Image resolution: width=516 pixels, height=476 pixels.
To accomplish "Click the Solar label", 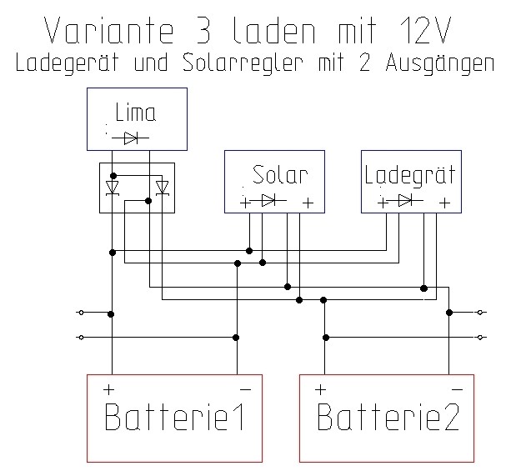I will (280, 175).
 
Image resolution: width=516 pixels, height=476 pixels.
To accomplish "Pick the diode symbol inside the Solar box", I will (268, 200).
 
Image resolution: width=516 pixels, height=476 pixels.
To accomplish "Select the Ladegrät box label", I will (409, 175).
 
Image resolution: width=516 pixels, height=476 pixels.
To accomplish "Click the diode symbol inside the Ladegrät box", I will (405, 200).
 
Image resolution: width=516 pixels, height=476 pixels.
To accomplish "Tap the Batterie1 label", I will (173, 417).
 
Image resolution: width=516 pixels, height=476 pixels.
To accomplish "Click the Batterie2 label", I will (388, 417).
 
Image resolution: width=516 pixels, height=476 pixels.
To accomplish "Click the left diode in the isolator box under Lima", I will (112, 186).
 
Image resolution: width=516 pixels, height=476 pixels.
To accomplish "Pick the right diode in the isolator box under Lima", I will (163, 186).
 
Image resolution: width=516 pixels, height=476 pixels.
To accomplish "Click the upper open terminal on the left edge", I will (80, 313).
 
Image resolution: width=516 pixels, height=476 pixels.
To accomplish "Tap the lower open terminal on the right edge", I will (480, 338).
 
